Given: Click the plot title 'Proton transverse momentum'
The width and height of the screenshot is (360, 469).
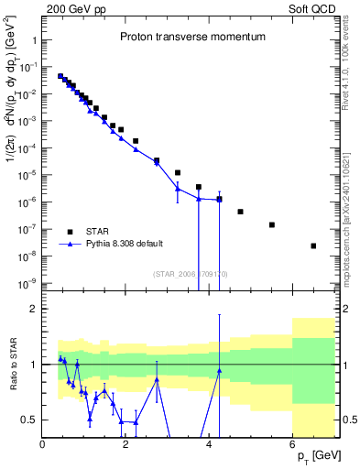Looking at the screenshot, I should [192, 38].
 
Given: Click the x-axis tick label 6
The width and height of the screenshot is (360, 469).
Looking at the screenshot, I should [292, 445].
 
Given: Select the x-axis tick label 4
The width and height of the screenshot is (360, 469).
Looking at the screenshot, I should [209, 445].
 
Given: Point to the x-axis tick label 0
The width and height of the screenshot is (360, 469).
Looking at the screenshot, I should [43, 445].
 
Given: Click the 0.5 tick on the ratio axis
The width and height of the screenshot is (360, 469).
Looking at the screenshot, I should [27, 420].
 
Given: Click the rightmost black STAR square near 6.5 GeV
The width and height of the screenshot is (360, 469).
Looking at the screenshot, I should [313, 245].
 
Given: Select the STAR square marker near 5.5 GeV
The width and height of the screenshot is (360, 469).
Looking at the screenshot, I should [272, 224].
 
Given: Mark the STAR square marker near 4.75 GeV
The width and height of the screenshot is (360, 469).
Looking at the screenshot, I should [240, 212].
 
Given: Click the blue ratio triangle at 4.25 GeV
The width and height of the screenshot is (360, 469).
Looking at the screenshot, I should [220, 371].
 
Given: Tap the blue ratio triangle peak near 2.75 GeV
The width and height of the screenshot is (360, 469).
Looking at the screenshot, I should [157, 377].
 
